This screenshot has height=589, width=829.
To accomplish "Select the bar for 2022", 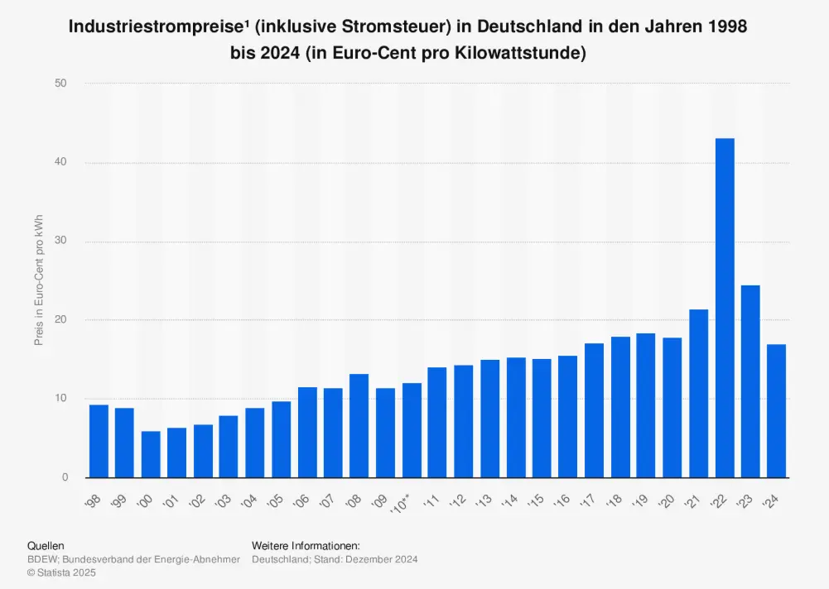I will click(725, 308).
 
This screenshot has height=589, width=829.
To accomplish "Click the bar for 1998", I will click(99, 441).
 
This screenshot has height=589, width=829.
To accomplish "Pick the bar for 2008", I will click(359, 426).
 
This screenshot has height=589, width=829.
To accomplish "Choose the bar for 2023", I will click(750, 381).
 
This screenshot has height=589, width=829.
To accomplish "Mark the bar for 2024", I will click(777, 411).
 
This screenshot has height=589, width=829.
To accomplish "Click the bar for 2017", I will click(594, 410).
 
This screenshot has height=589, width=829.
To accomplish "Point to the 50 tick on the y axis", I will click(60, 84).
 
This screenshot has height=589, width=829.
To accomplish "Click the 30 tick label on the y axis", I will click(60, 242).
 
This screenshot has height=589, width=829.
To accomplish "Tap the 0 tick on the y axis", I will click(64, 478).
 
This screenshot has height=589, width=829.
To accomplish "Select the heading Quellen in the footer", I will click(46, 546).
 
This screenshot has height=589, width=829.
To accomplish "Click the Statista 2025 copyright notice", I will click(64, 572).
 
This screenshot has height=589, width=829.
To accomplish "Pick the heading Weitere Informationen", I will click(306, 546).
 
